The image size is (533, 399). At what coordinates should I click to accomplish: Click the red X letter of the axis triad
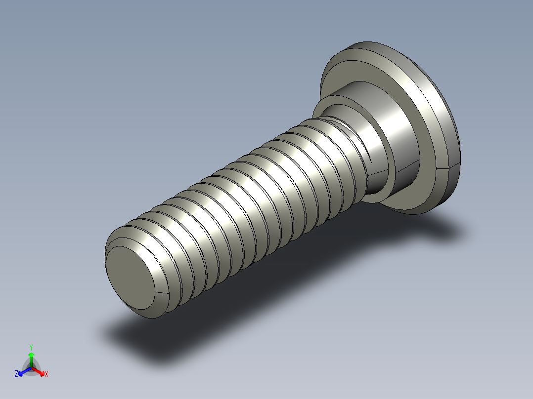tap(46, 374)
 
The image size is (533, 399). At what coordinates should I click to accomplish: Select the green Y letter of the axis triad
tap(31, 347)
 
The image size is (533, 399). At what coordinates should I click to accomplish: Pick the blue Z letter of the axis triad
tap(16, 374)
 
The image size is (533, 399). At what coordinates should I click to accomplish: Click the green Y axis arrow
tap(31, 358)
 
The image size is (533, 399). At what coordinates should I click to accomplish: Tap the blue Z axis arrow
tap(23, 371)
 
